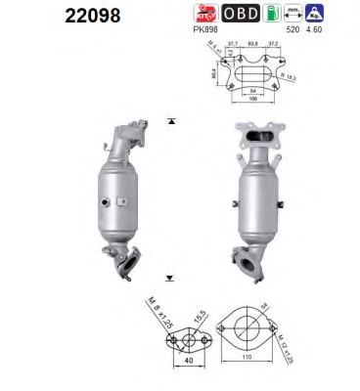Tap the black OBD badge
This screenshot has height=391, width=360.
pos(239,14)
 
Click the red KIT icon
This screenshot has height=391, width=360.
pos(205,14)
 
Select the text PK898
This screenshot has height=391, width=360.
pos(204,30)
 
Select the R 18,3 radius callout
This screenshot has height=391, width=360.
pos(288,74)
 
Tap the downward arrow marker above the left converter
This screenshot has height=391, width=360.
pos(171,121)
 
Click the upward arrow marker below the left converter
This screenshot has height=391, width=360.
pos(171,278)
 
